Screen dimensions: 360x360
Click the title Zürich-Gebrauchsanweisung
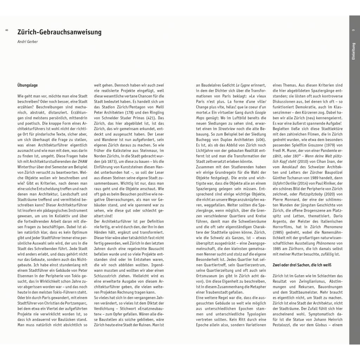click(59, 32)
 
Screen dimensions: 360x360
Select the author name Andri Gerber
click(27, 42)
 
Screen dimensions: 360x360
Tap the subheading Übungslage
click(27, 85)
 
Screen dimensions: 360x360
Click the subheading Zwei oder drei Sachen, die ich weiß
click(302, 265)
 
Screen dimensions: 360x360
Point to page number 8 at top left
click(7, 32)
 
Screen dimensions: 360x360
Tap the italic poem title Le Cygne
click(243, 85)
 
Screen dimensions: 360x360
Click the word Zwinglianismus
click(307, 282)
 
